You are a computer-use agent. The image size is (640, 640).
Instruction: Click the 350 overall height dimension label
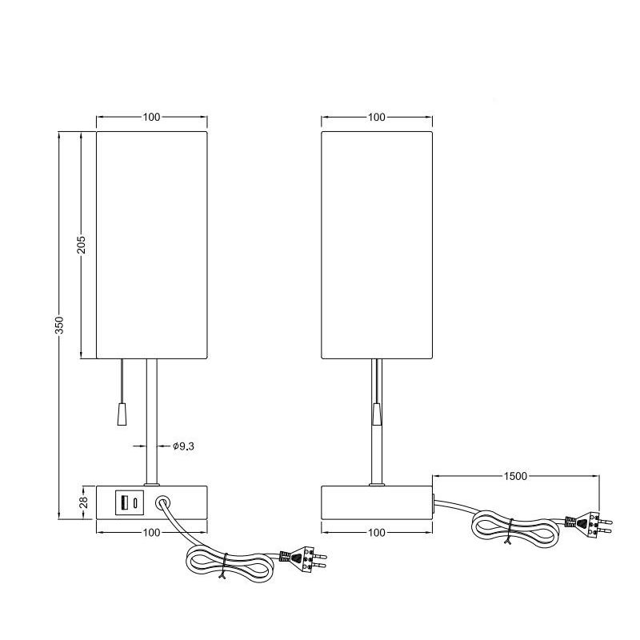pyautogui.click(x=59, y=325)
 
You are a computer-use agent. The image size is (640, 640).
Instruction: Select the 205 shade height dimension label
pyautogui.click(x=82, y=245)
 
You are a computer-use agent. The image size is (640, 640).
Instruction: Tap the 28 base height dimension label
pyautogui.click(x=83, y=502)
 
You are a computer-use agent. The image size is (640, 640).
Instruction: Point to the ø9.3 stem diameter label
pyautogui.click(x=183, y=446)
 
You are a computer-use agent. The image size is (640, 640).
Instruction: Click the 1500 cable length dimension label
pyautogui.click(x=515, y=476)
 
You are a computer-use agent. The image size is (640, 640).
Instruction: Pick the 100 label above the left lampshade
pyautogui.click(x=151, y=117)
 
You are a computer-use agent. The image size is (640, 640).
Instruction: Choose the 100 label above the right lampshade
pyautogui.click(x=376, y=117)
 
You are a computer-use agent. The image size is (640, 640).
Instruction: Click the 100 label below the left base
pyautogui.click(x=151, y=533)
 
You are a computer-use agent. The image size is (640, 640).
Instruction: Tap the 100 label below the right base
pyautogui.click(x=376, y=533)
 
